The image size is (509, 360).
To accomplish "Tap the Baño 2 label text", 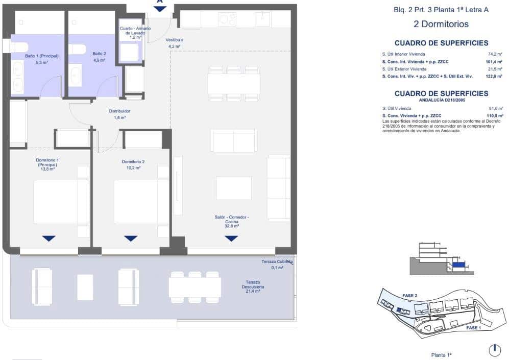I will [x=99, y=56].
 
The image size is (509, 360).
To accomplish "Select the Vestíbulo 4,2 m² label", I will [x=175, y=43].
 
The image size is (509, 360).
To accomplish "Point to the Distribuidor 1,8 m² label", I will [x=119, y=114].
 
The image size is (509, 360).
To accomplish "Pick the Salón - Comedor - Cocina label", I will [x=232, y=221].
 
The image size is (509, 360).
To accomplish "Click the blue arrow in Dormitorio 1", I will [x=49, y=238].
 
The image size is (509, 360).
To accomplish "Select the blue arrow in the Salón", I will [x=231, y=238].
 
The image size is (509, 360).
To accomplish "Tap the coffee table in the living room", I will [x=233, y=188].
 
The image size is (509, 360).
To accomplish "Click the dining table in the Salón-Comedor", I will [x=233, y=84].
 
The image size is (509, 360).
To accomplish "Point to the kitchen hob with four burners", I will [x=227, y=19].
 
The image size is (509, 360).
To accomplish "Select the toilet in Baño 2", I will [x=77, y=49].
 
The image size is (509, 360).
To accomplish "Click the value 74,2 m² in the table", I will [x=495, y=54].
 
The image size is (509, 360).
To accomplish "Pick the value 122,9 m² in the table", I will [x=494, y=76].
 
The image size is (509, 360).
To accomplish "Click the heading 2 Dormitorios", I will [x=441, y=24].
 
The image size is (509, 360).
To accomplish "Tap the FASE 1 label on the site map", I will [x=473, y=328].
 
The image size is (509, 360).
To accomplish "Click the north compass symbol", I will [x=494, y=350].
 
